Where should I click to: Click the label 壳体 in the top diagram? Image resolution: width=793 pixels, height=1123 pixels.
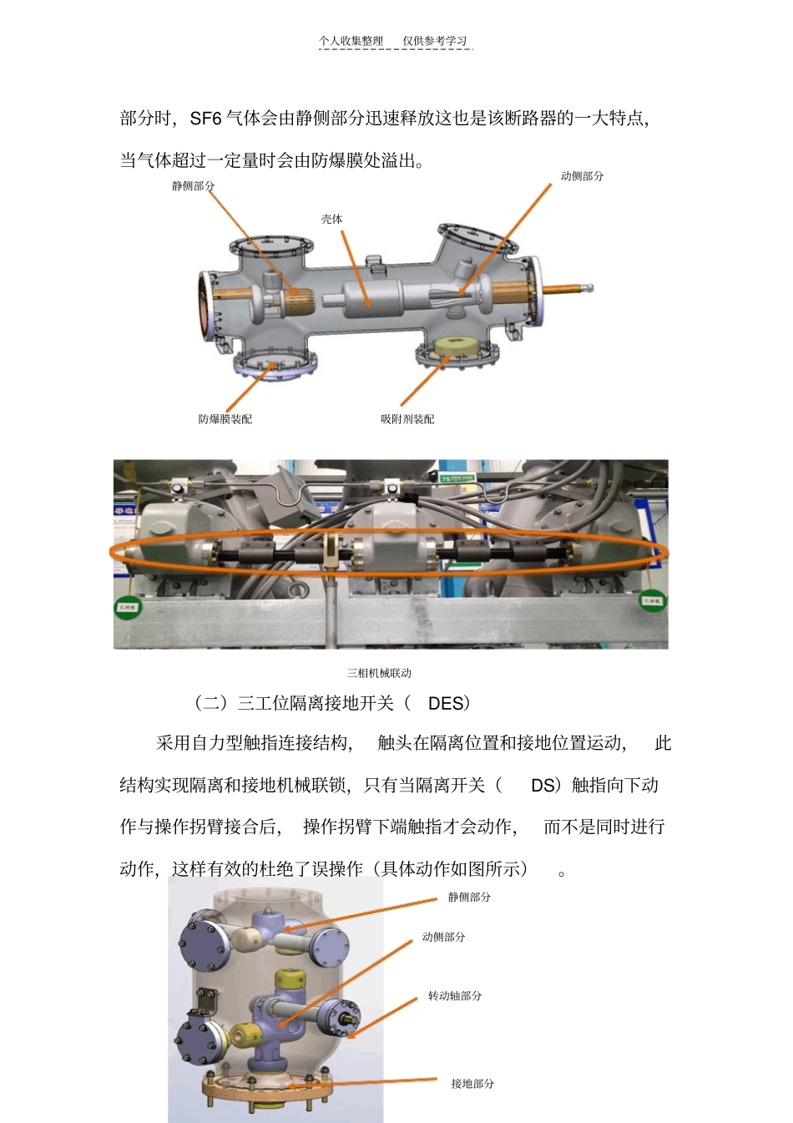tap(331, 219)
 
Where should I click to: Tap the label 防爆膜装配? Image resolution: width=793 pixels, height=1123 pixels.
tap(225, 419)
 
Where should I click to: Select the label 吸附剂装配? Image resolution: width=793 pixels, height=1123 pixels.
tap(407, 419)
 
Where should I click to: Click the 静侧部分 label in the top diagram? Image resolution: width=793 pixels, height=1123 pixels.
tap(193, 186)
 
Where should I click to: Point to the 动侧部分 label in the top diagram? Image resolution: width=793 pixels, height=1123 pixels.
tap(582, 176)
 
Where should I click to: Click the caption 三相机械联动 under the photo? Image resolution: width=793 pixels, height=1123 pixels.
tap(379, 673)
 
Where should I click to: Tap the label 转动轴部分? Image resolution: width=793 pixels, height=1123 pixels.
tap(454, 996)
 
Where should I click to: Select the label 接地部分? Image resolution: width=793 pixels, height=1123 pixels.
tap(472, 1084)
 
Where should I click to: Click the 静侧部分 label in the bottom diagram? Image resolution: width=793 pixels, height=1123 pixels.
tap(469, 898)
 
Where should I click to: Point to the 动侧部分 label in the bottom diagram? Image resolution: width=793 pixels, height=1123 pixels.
tap(443, 938)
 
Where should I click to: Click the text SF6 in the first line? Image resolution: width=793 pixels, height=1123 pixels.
tap(205, 119)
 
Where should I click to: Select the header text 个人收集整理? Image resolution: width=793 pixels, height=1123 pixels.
tap(351, 41)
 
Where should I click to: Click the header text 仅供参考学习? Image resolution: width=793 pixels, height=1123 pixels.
tap(435, 41)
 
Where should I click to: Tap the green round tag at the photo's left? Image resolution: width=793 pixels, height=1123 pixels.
tap(128, 607)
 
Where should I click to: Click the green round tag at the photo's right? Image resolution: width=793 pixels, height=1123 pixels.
tap(652, 600)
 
